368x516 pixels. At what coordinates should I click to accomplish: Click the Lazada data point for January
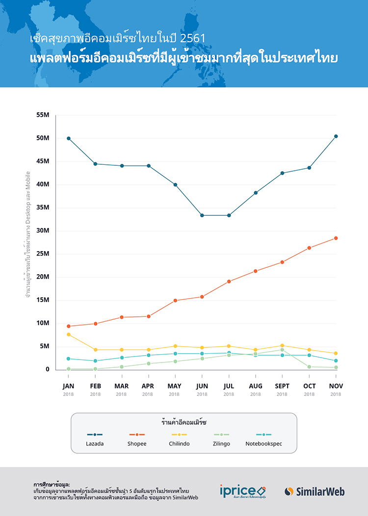[x=69, y=138]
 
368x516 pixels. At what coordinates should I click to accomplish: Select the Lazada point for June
[x=202, y=215]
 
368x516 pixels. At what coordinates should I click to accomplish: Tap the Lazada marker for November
[x=336, y=136]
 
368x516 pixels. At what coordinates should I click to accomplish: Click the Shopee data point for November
[x=336, y=238]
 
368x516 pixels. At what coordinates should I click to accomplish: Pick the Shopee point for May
[x=175, y=300]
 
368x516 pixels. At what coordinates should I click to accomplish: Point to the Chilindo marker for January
[x=69, y=335]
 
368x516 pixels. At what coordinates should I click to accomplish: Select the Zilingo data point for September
[x=282, y=350]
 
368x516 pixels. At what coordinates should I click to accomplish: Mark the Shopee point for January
[x=69, y=326]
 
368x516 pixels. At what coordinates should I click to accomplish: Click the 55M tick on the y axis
[x=43, y=115]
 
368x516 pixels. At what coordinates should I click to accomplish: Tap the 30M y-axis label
[x=43, y=231]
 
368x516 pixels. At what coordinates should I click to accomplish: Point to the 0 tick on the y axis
[x=48, y=369]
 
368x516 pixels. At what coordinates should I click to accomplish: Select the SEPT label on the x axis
[x=282, y=386]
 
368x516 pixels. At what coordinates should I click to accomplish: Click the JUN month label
[x=202, y=386]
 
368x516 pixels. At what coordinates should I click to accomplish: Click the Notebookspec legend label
[x=263, y=444]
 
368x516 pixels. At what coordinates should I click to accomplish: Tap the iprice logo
[x=243, y=491]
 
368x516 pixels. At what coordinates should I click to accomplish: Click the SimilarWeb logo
[x=315, y=491]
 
